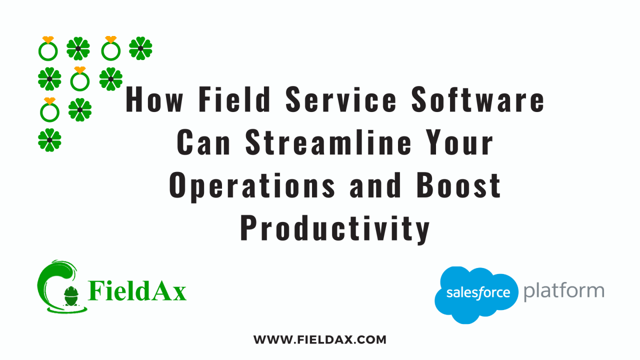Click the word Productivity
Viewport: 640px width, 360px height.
click(x=335, y=228)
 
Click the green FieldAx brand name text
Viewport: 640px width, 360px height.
click(x=137, y=290)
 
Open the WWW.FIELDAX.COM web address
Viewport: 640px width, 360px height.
click(x=320, y=340)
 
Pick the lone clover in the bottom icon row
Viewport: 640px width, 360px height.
click(x=49, y=140)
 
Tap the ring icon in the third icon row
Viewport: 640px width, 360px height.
click(x=49, y=110)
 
